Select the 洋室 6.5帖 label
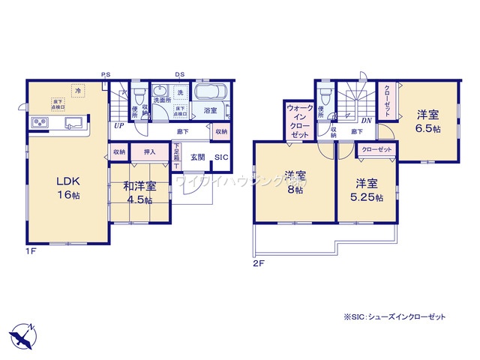coord(427,121)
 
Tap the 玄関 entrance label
coord(196,157)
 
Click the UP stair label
coord(119,126)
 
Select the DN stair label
coord(367,121)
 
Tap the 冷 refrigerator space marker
coord(78,89)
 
